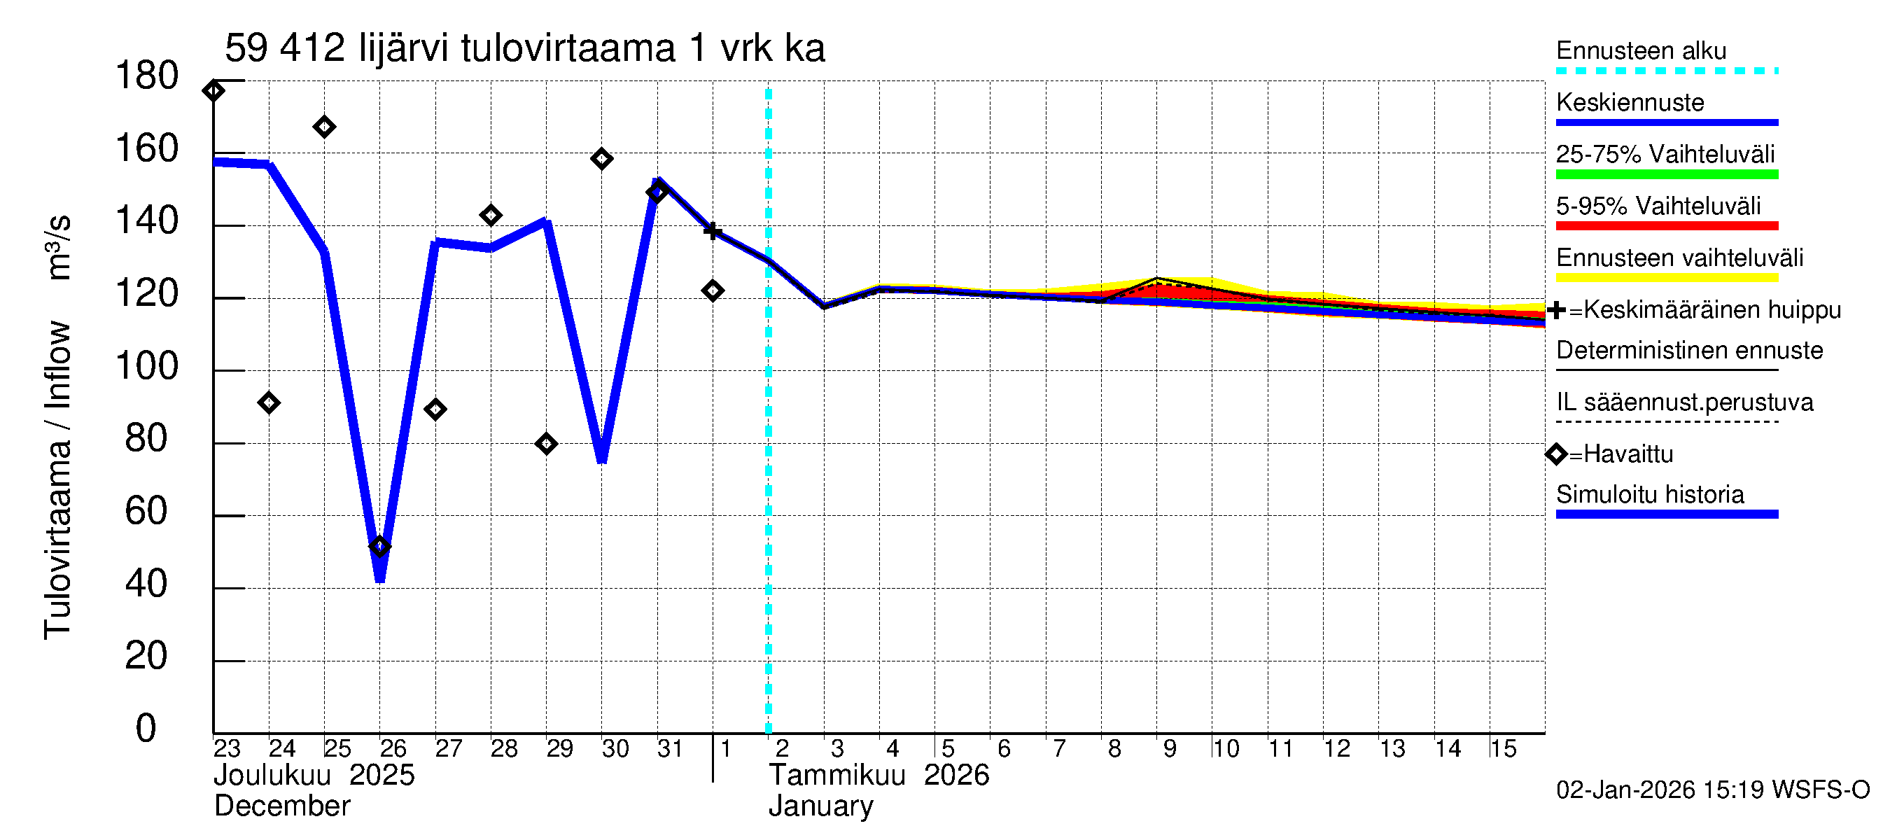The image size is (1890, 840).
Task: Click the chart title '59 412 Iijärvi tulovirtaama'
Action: [524, 48]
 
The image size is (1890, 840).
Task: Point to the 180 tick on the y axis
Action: [147, 76]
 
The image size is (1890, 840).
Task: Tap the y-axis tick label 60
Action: [147, 511]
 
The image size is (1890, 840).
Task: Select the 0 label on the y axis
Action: [146, 729]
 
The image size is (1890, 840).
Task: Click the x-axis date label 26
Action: [393, 748]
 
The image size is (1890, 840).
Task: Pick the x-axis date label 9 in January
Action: [1170, 748]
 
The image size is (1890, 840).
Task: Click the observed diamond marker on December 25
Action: [324, 127]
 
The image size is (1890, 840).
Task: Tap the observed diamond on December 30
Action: [601, 158]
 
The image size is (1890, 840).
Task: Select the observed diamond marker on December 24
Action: [269, 402]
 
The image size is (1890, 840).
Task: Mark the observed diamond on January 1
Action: [713, 290]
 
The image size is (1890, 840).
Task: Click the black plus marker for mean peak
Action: [712, 230]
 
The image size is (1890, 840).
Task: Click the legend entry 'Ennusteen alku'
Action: [1641, 50]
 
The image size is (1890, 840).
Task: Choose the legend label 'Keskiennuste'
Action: [1630, 103]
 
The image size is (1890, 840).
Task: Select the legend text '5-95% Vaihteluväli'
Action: [1658, 206]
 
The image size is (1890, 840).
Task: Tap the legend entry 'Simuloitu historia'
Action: [1649, 494]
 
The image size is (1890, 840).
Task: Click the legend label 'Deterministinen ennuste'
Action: [1689, 351]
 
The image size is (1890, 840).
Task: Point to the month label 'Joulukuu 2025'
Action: [314, 775]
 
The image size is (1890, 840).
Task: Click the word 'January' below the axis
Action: [820, 806]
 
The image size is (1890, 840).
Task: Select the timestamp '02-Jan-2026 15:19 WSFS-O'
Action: [1712, 790]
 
